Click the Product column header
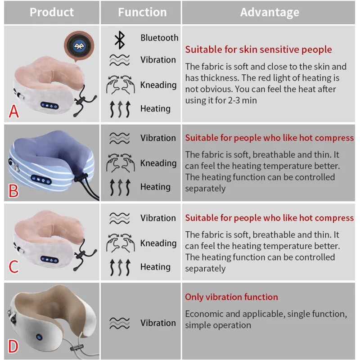(52, 12)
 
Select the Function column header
(142, 12)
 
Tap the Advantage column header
(270, 12)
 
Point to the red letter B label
(14, 190)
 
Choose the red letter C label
(14, 267)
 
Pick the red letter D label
(13, 346)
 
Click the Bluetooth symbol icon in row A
(119, 39)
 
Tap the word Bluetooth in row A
(159, 38)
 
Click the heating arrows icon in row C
(120, 267)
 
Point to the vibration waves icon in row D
(120, 323)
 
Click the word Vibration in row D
(158, 323)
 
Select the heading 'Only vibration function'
(231, 297)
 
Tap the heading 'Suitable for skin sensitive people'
(258, 49)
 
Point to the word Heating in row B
(155, 187)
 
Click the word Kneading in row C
(158, 243)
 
